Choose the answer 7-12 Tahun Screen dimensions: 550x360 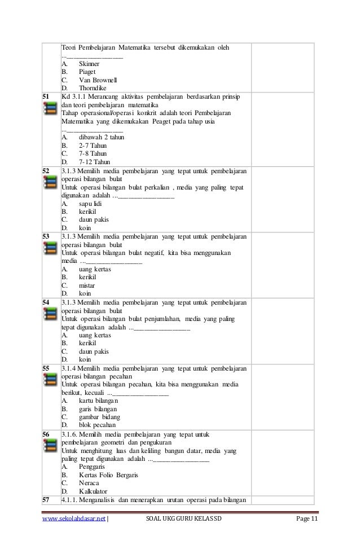(94, 162)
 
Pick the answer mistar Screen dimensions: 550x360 (87, 285)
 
